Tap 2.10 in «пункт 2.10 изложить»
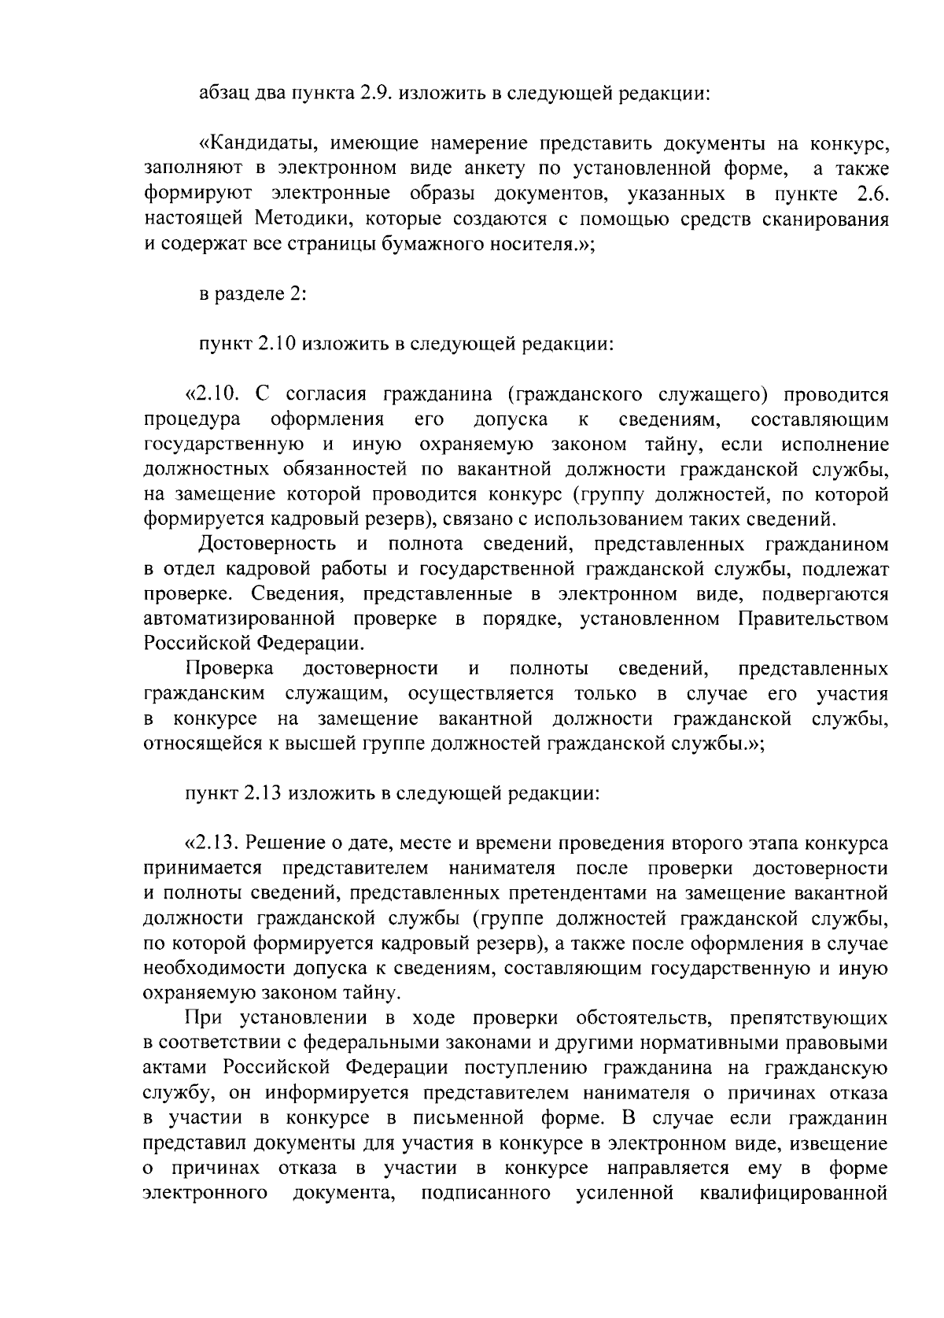coord(275,344)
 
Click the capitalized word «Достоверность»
coord(268,544)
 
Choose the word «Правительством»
coord(813,618)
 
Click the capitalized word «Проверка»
coord(229,669)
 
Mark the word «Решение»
coord(278,844)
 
